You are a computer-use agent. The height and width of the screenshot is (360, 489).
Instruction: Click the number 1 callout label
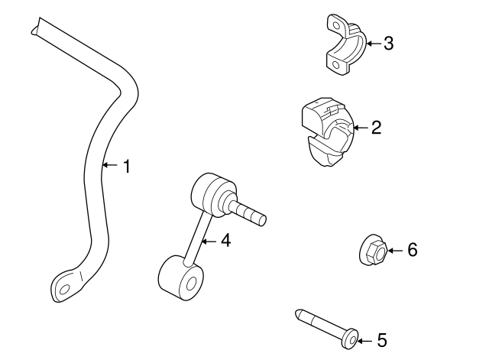127,165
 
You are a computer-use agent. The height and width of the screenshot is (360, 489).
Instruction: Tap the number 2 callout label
376,128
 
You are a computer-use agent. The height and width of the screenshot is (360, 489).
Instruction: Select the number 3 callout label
388,44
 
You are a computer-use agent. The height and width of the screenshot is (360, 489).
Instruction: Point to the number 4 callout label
225,240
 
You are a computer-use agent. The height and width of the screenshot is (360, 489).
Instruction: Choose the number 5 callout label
382,340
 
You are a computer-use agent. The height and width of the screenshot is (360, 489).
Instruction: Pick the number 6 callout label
413,249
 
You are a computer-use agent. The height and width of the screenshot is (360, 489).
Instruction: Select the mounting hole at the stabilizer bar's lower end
65,290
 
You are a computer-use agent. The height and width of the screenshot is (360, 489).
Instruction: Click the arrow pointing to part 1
108,165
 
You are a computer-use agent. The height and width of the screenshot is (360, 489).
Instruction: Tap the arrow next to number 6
393,249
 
